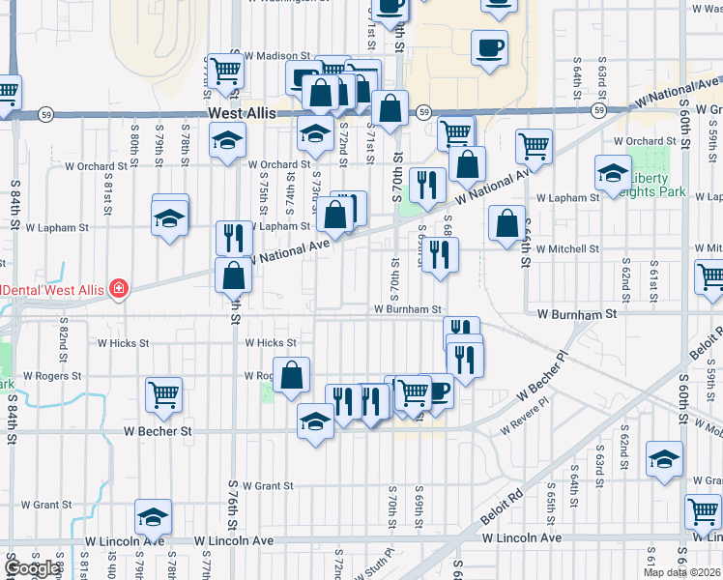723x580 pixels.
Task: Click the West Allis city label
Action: click(x=243, y=114)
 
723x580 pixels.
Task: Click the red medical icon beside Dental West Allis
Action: click(x=119, y=288)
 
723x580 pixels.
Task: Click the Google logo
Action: click(x=34, y=569)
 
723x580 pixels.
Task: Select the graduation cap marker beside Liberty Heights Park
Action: click(x=613, y=174)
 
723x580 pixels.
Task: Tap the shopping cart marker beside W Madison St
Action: click(x=225, y=71)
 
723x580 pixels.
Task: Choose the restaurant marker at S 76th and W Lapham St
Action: click(x=234, y=238)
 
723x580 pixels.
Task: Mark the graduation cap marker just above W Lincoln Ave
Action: click(x=153, y=517)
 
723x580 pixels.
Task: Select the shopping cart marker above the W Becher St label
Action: click(x=163, y=394)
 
